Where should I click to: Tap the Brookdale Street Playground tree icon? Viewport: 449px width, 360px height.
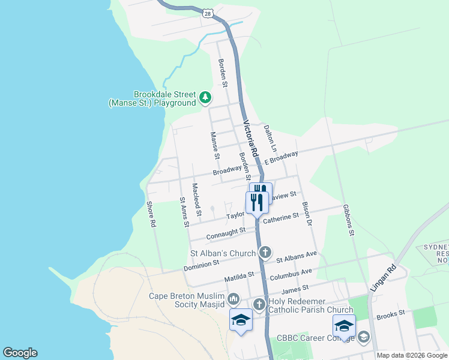point(205,97)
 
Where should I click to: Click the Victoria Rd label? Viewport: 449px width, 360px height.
point(250,139)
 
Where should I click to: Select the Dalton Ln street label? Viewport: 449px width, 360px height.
point(270,139)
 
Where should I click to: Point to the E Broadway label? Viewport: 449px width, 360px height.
point(281,158)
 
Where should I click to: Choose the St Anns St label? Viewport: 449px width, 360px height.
point(184,212)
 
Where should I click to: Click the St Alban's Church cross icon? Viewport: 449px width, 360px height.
point(265,252)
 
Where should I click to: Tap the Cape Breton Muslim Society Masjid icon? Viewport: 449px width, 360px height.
point(234,299)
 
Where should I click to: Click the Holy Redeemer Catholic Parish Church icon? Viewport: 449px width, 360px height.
point(259,304)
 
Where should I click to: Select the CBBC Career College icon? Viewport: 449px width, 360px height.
point(363,338)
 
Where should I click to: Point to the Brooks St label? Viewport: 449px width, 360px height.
point(391,314)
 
